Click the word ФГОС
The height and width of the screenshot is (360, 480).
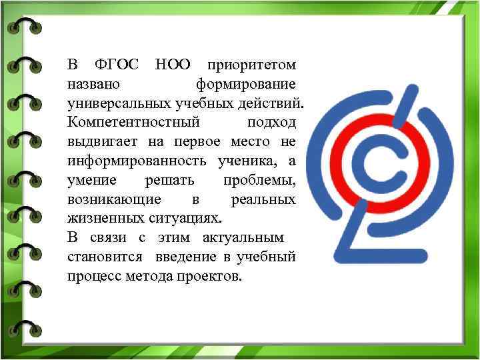click(x=117, y=66)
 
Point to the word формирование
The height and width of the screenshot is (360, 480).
click(x=246, y=85)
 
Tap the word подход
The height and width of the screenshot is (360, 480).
click(x=272, y=124)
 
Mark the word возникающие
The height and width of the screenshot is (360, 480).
click(x=114, y=200)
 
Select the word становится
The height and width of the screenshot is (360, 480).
click(x=107, y=257)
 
